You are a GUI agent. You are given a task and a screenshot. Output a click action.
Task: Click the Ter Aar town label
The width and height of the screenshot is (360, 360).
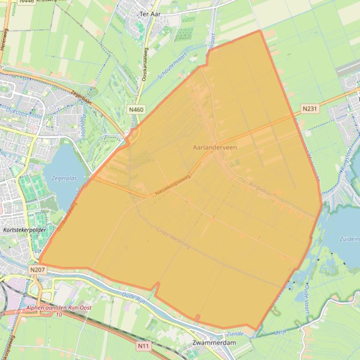pos(150,14)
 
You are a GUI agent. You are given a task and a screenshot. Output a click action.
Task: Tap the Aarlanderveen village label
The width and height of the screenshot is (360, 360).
pos(215,147)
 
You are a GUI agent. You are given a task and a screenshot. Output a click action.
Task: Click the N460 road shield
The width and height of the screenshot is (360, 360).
pos(136,109)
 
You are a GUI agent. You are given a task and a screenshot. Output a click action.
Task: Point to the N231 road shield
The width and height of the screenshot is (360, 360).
pos(309,109)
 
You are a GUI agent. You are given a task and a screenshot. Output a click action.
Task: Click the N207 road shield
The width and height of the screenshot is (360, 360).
pos(37,270)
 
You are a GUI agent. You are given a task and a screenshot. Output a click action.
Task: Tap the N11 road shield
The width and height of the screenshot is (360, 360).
pos(143,346)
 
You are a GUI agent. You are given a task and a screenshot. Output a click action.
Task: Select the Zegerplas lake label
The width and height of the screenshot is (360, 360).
pos(64,178)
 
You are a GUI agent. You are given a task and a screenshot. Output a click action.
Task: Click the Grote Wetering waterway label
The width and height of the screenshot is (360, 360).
pos(173,238)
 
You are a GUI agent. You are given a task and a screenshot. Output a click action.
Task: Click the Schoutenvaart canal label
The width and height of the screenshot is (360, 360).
pos(172,66)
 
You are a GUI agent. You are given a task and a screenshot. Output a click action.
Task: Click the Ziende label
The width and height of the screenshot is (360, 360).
pos(235,334)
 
